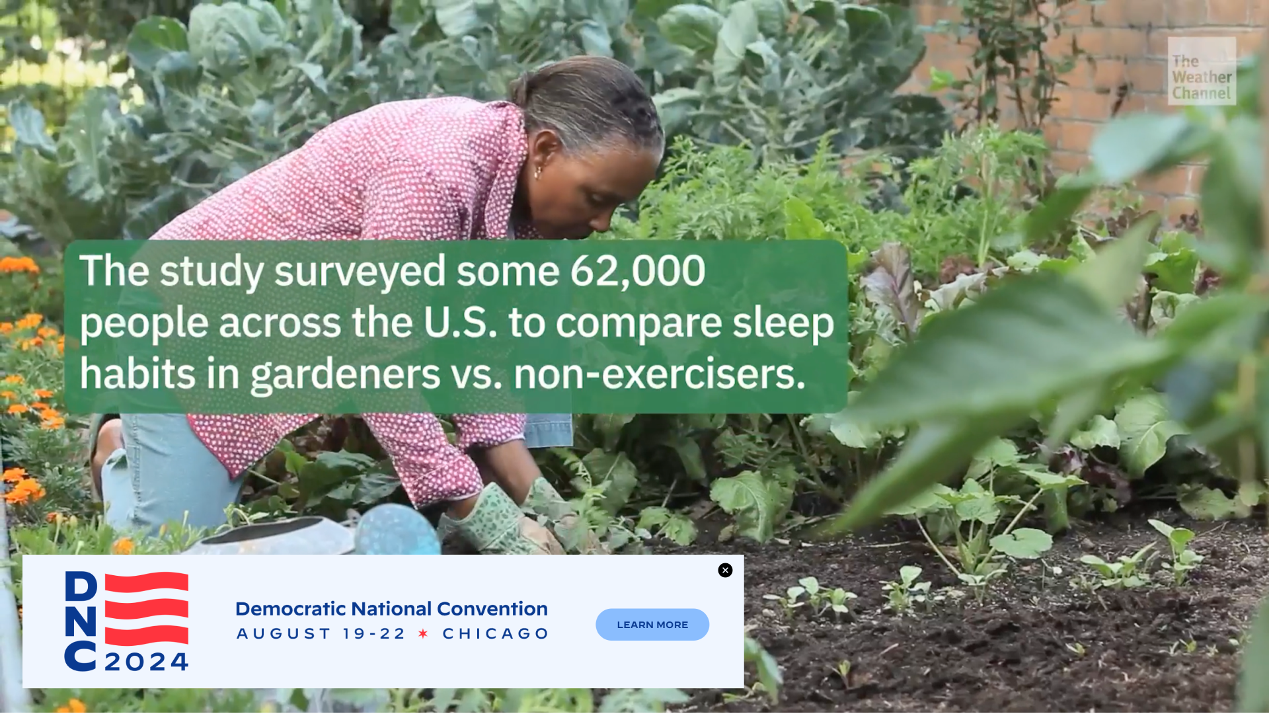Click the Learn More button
click(652, 625)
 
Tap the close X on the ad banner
click(725, 571)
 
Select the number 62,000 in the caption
click(638, 271)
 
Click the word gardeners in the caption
click(346, 374)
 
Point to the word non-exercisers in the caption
click(660, 374)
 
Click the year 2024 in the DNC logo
click(147, 662)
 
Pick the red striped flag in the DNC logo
click(147, 609)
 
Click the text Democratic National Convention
click(391, 608)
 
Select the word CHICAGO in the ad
click(496, 634)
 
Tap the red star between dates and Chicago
click(424, 634)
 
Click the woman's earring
click(537, 173)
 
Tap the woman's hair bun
click(520, 89)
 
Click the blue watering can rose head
click(398, 530)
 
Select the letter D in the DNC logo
click(81, 586)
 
